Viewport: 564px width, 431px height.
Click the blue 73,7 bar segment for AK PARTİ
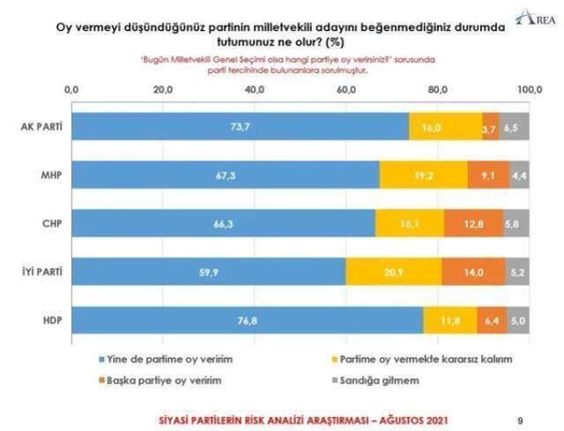pyautogui.click(x=240, y=127)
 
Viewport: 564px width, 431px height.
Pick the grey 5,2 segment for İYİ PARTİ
pyautogui.click(x=517, y=272)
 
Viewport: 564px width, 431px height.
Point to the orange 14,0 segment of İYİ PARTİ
pyautogui.click(x=473, y=272)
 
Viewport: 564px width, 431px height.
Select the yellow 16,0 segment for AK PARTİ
pyautogui.click(x=445, y=127)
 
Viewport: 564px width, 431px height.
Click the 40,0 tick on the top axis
pyautogui.click(x=256, y=90)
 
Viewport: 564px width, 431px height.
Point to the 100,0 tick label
pyautogui.click(x=529, y=90)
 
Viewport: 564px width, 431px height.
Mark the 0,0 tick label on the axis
pyautogui.click(x=73, y=90)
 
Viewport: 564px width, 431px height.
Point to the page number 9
pyautogui.click(x=518, y=420)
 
